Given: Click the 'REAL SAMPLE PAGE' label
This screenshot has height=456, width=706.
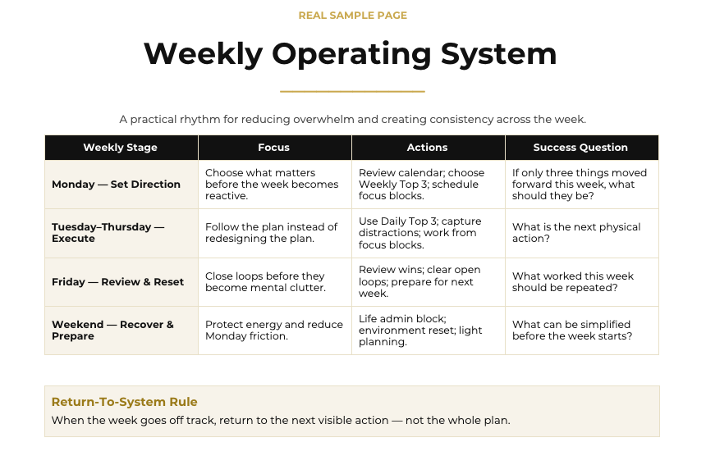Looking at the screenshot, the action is click(352, 16).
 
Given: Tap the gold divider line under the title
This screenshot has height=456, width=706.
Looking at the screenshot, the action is click(352, 91).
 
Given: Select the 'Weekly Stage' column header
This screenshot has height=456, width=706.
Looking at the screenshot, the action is click(120, 148).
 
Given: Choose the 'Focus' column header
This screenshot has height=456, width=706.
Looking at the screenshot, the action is click(273, 148).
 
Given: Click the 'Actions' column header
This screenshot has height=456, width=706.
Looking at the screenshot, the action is click(427, 148).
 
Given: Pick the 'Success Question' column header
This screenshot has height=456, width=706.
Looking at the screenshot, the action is click(580, 148).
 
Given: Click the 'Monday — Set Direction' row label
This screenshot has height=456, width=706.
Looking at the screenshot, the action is click(117, 185).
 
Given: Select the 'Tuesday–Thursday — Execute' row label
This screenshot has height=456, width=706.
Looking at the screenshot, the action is click(108, 232).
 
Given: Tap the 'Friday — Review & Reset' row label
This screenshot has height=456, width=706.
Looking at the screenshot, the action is click(118, 282).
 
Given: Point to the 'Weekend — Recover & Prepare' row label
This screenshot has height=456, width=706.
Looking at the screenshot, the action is click(112, 330).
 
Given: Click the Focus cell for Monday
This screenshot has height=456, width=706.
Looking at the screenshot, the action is click(272, 185).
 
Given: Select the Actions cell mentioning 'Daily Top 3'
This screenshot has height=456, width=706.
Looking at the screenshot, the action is click(420, 233).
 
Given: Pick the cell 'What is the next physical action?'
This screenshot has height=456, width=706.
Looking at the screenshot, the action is click(576, 232).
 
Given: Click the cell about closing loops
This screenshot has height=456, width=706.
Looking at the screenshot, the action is click(266, 282).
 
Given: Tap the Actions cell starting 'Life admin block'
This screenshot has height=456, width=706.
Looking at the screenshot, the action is click(420, 330).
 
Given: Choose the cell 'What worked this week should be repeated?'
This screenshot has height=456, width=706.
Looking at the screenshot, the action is click(573, 282).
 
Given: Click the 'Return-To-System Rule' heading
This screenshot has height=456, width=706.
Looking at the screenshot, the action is click(124, 402).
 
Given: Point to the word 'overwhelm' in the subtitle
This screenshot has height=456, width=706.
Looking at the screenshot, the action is click(314, 119).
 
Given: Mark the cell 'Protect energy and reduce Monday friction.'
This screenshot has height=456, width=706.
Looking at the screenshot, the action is click(274, 330).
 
